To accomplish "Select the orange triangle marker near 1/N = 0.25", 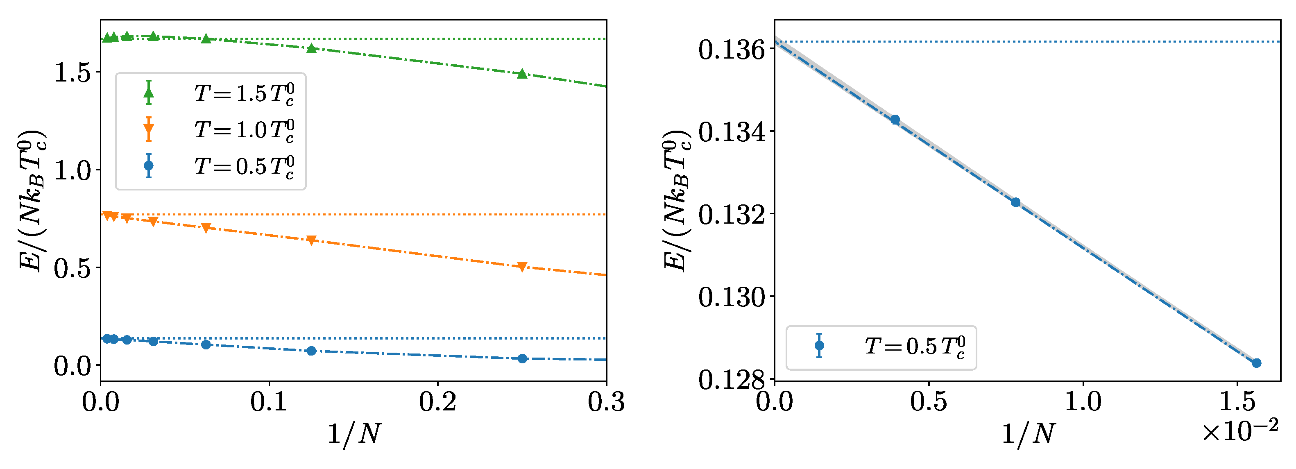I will click(x=522, y=267).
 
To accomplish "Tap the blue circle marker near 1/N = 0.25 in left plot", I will click(x=522, y=358).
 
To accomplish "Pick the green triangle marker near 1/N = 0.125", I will click(x=311, y=48).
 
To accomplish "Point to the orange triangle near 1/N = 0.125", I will click(x=311, y=240).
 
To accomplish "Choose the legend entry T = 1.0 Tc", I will click(x=244, y=130).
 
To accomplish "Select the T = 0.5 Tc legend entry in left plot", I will click(x=244, y=166).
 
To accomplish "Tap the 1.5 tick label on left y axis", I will click(x=73, y=73).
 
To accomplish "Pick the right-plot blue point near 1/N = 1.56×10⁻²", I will click(x=1256, y=363).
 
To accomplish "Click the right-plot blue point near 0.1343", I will click(x=895, y=120).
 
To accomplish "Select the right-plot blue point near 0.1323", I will click(x=1015, y=202).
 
